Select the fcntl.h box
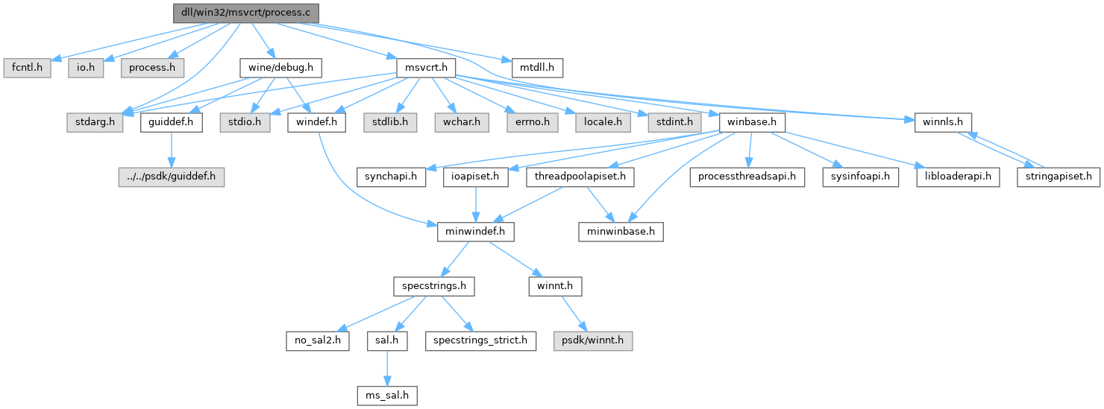[x=26, y=68]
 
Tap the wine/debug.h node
[x=280, y=68]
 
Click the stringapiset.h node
[x=1059, y=177]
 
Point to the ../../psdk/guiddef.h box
[x=172, y=177]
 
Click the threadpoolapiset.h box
[x=581, y=177]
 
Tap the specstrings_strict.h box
[x=480, y=341]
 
